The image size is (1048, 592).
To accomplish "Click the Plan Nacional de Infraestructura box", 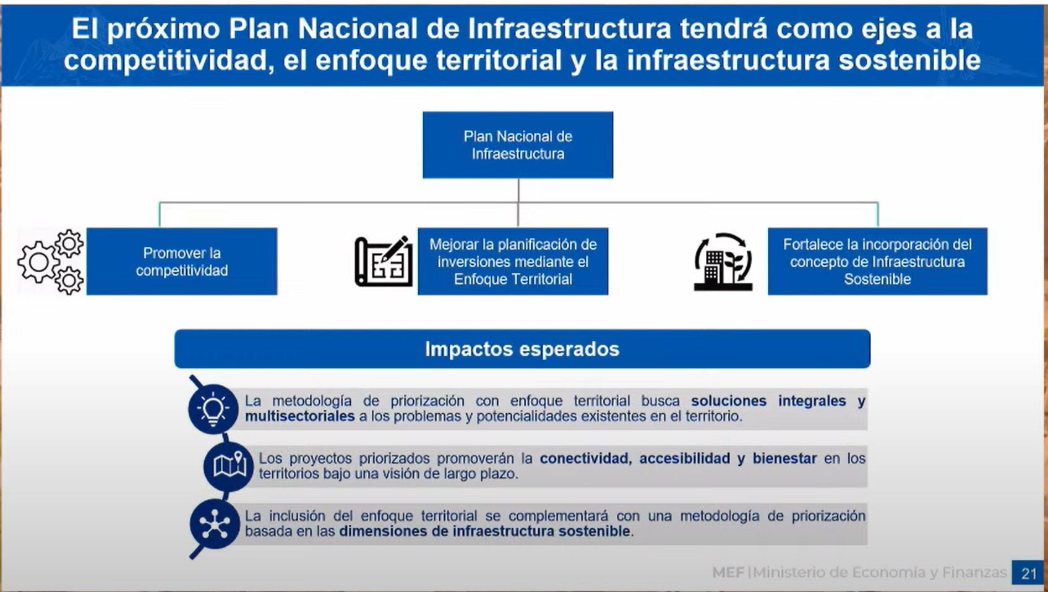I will [x=518, y=145].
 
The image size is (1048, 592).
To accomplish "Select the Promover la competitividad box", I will [x=182, y=261].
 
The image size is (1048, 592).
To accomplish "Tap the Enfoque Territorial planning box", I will [x=513, y=261].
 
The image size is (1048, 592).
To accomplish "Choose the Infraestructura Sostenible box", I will [x=877, y=261].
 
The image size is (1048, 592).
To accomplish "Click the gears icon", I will [x=51, y=262].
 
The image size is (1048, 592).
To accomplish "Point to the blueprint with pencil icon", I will [x=384, y=262].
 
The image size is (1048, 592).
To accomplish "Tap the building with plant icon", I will [x=723, y=262].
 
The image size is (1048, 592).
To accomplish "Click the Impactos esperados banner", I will [x=522, y=349].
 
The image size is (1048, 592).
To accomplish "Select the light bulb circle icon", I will [x=213, y=409].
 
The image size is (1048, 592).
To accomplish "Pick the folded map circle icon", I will [x=229, y=466].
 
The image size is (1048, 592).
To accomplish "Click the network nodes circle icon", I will [x=214, y=525].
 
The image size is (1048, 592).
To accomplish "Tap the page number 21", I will [x=1029, y=573].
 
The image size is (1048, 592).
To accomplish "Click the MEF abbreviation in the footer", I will [x=728, y=573].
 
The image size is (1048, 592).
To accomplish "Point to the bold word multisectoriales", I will [x=299, y=416].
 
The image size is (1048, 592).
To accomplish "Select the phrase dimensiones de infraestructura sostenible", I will [x=485, y=531].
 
